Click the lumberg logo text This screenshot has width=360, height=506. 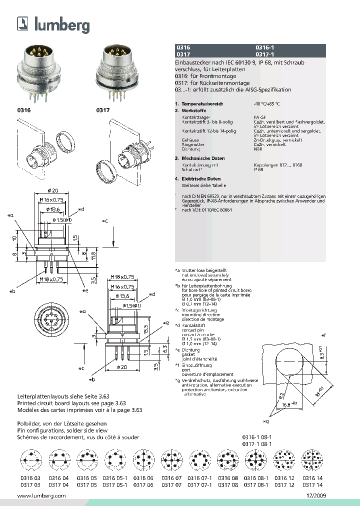[61, 24]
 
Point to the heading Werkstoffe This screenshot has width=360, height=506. [194, 110]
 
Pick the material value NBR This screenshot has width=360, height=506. [257, 149]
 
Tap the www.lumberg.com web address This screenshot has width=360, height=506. [41, 495]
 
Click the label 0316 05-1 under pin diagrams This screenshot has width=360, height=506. [114, 478]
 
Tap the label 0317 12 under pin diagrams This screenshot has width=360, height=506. [284, 484]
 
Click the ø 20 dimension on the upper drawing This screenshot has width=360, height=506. [53, 190]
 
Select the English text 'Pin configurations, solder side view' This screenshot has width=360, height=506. [62, 430]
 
